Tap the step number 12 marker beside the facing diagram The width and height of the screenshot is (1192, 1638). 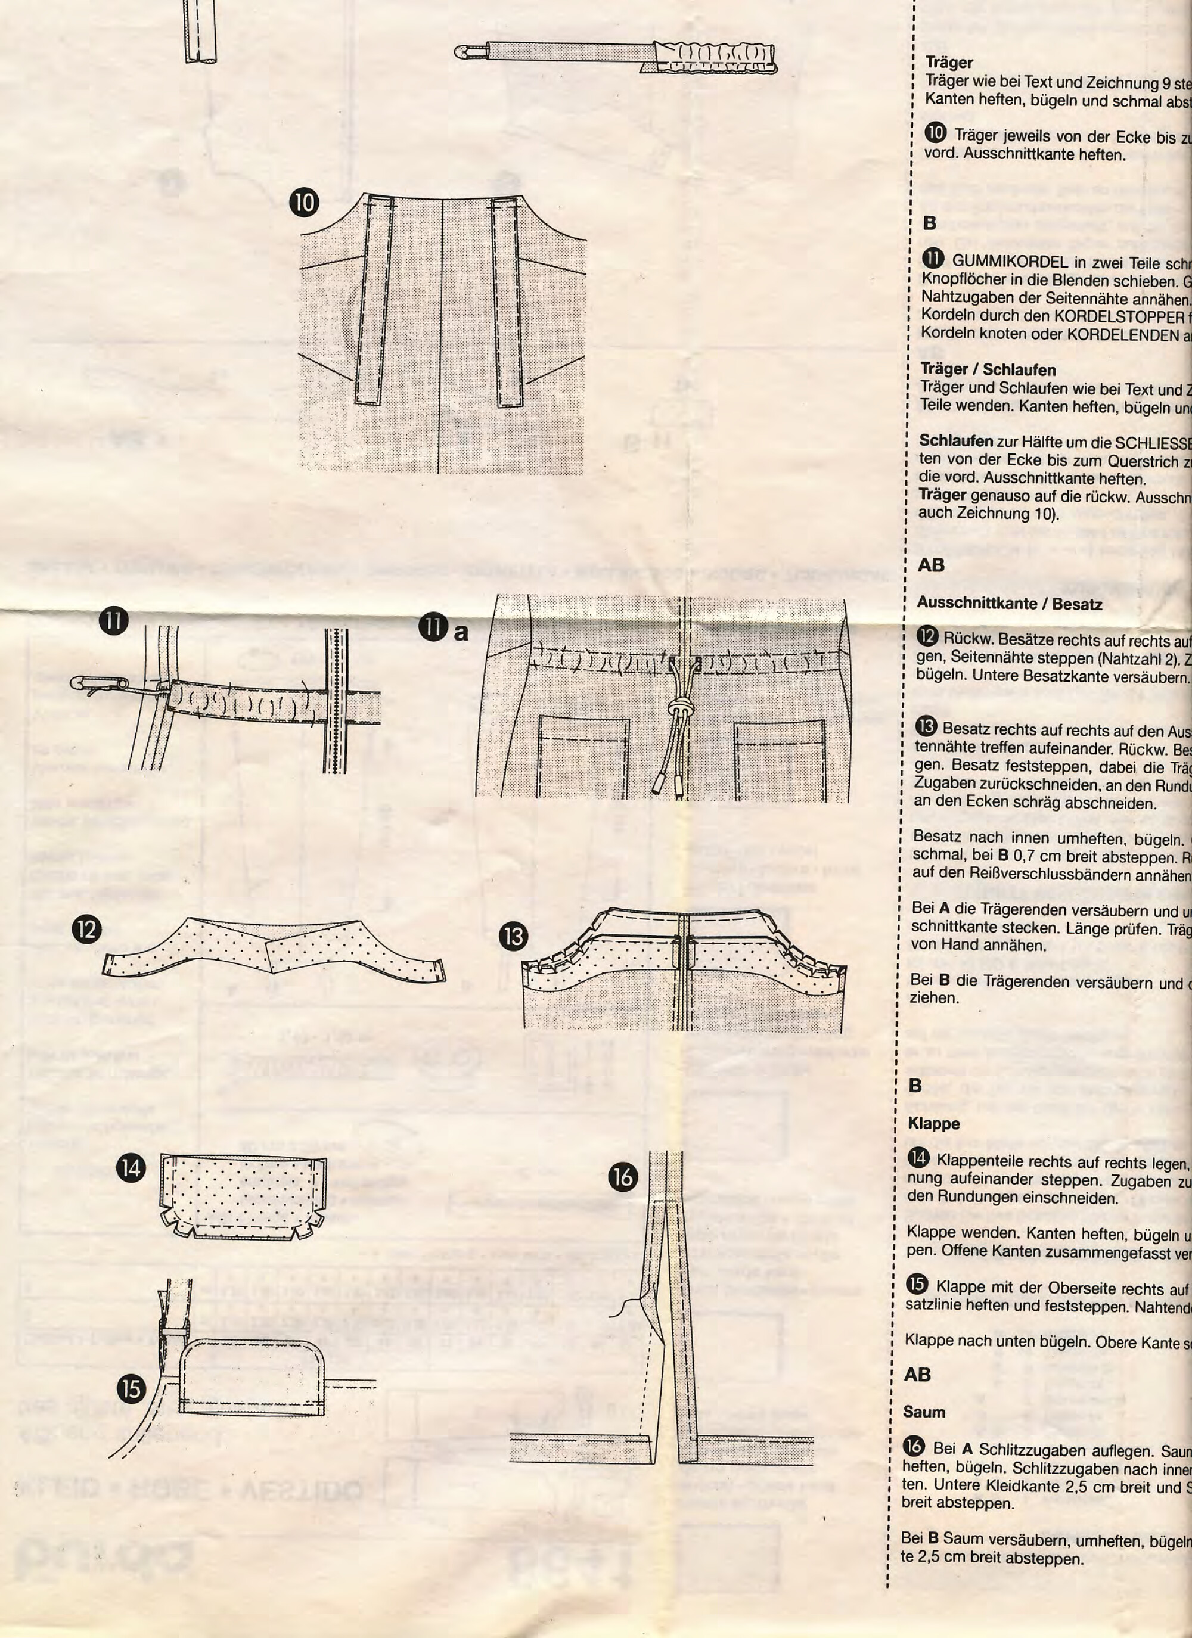(86, 929)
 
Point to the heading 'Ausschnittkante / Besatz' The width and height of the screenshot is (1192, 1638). (1009, 604)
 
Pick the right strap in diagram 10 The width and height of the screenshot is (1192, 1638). (508, 303)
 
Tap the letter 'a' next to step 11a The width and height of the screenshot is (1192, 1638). (460, 633)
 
